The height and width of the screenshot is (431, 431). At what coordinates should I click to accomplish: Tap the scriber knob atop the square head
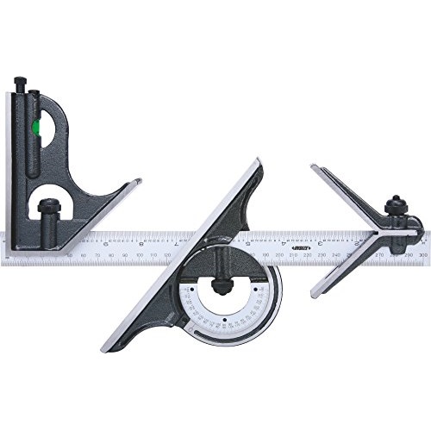[21, 85]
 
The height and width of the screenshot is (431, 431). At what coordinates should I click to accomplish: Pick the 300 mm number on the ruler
[421, 255]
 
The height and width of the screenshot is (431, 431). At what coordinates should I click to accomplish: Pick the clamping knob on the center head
[397, 208]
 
